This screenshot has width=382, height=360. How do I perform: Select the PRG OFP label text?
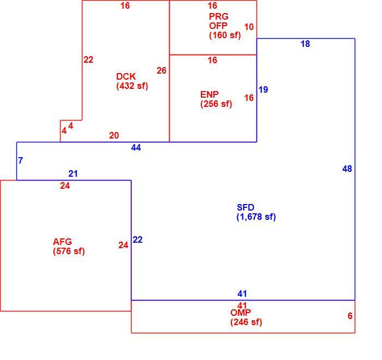click(218, 21)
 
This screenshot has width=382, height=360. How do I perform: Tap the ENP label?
click(209, 94)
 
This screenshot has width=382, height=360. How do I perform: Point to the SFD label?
click(246, 207)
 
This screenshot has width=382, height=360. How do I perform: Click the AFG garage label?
click(62, 242)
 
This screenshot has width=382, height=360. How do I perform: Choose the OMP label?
click(241, 313)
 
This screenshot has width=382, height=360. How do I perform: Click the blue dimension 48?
click(347, 169)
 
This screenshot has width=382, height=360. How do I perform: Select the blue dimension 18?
click(305, 44)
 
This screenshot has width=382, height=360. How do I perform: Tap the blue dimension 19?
click(263, 89)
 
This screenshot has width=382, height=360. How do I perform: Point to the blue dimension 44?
click(136, 147)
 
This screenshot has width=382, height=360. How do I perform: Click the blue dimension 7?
click(21, 160)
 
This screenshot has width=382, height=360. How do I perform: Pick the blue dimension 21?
click(73, 173)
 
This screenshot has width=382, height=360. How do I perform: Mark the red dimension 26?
click(162, 70)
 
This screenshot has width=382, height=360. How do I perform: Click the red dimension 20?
click(114, 135)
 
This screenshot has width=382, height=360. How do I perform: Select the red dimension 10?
click(249, 27)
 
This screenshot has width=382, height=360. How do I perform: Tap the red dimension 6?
click(350, 316)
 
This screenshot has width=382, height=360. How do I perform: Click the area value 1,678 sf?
click(256, 217)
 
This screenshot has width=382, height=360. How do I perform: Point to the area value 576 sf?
click(69, 251)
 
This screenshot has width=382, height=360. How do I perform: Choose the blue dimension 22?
click(138, 239)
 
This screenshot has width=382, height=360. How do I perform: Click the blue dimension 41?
click(242, 294)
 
